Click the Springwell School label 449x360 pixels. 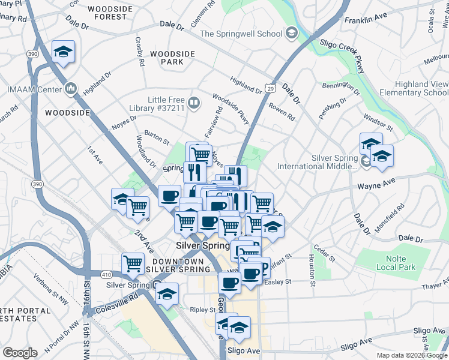pos(241,34)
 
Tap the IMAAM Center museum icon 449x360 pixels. pos(71,89)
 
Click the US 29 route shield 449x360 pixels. pos(271,89)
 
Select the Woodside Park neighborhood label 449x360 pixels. pos(173,58)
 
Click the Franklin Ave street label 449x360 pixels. pos(363,20)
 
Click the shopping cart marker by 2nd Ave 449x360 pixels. pos(138,208)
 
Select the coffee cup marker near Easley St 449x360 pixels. pos(229,282)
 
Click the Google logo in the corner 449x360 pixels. pos(20,352)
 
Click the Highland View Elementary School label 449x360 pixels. pos(418,88)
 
